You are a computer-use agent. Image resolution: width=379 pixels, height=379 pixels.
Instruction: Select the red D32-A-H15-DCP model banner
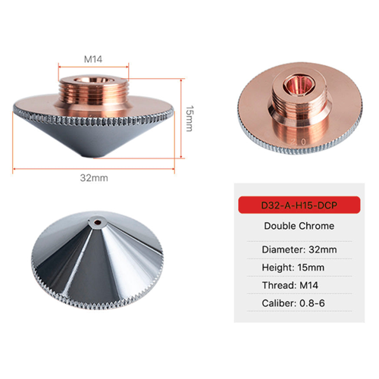pyautogui.click(x=298, y=204)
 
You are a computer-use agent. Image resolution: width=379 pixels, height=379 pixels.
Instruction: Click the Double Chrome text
pyautogui.click(x=298, y=225)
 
